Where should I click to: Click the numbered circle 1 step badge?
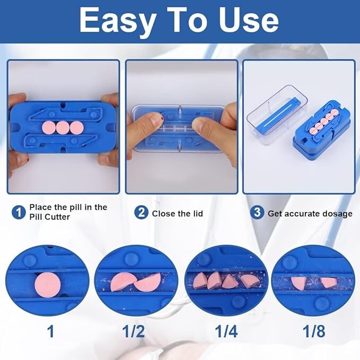click(19, 213)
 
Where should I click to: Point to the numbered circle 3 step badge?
click(257, 213)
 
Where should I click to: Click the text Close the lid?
click(177, 214)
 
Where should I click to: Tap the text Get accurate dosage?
click(310, 214)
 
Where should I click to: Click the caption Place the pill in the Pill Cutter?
click(68, 212)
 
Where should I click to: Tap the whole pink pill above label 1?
click(46, 285)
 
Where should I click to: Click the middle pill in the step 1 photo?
click(63, 128)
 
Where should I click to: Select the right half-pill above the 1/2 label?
click(147, 282)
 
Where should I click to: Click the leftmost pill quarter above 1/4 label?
click(200, 281)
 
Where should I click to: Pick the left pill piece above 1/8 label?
click(300, 284)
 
